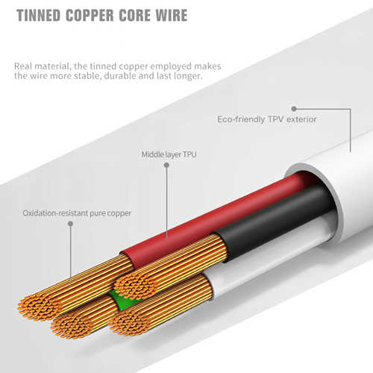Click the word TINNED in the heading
coord(39,16)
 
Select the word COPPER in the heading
coord(90,16)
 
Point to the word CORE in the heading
coord(135,16)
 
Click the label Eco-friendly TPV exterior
coord(267,119)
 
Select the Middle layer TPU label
coord(169,154)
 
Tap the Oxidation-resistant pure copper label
coord(77,213)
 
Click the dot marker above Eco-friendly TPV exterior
coord(294,109)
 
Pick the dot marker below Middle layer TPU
coord(166,165)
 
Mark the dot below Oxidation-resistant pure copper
coord(71,224)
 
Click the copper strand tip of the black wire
coord(136,286)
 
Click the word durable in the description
coord(120,75)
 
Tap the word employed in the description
coord(171,66)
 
